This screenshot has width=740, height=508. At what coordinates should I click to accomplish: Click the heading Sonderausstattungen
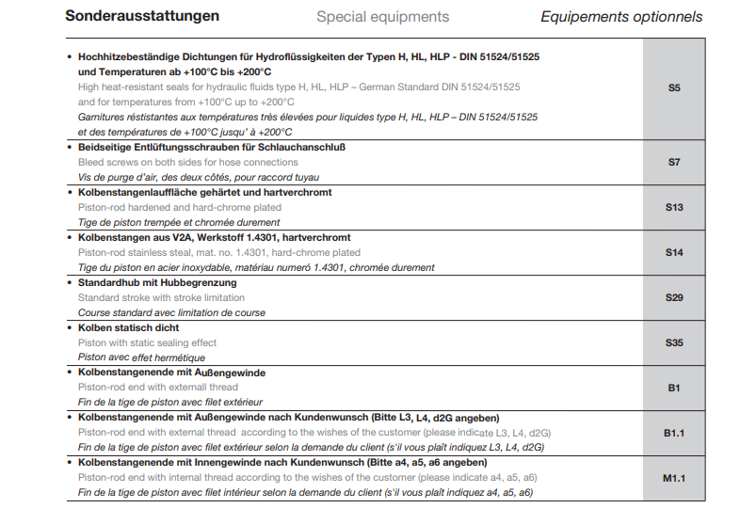point(142,16)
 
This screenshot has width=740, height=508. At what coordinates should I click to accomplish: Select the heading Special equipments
point(382,17)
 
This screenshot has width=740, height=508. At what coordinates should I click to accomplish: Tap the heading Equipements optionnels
point(621,17)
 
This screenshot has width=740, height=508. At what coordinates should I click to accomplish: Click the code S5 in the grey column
point(674,88)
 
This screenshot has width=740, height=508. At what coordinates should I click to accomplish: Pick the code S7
point(674,163)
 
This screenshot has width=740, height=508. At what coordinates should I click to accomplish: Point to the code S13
point(674,207)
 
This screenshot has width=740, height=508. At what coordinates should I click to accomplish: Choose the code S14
point(674,252)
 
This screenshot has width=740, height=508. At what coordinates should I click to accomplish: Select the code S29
point(674,297)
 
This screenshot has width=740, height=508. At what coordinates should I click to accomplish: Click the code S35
point(674,342)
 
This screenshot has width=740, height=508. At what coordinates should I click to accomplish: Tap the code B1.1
point(674,432)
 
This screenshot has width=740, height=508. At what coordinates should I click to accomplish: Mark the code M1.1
point(674,477)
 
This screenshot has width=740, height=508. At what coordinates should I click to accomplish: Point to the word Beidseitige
point(108,148)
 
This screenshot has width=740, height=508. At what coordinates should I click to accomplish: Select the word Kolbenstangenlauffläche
point(140,193)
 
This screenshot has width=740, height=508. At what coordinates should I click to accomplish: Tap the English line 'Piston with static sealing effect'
point(148,342)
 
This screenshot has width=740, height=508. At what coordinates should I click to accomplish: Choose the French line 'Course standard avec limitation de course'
point(171,312)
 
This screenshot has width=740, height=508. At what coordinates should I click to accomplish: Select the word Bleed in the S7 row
point(92,163)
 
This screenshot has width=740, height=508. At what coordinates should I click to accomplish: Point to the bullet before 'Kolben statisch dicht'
point(70,327)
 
